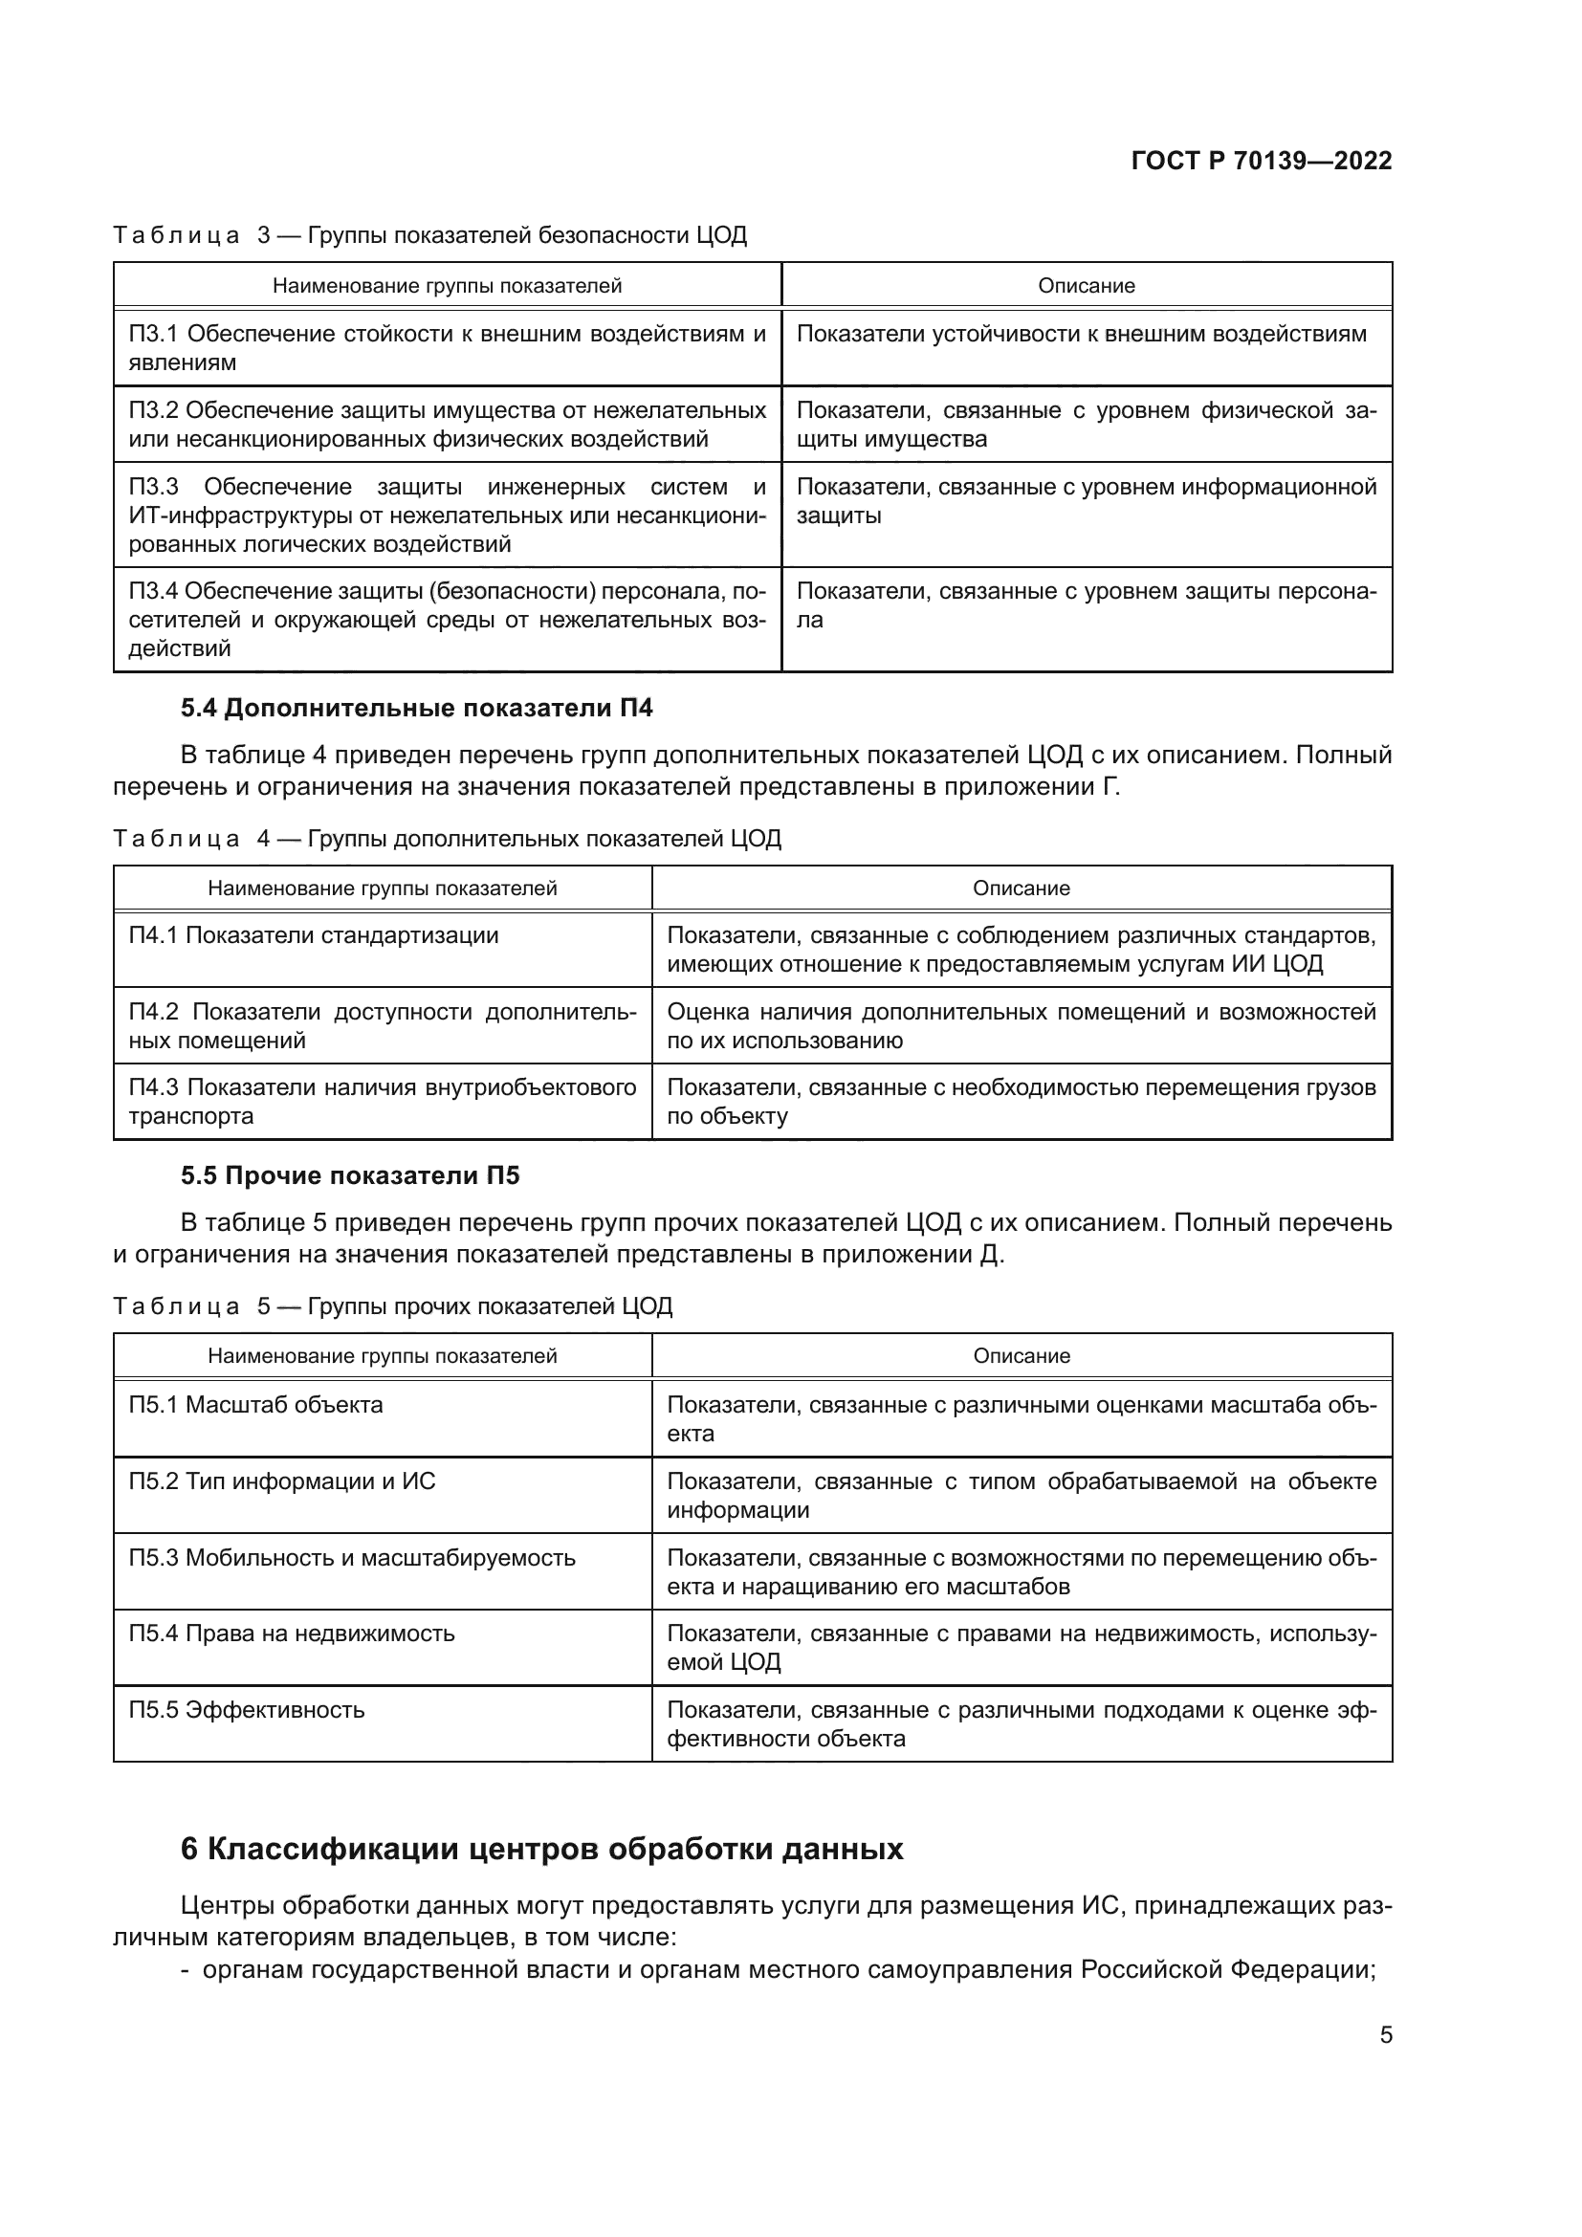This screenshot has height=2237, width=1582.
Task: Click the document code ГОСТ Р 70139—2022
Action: pos(1261,161)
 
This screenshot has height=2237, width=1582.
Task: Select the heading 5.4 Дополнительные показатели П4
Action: pos(416,709)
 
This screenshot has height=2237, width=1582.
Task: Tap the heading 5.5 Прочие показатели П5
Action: pos(350,1176)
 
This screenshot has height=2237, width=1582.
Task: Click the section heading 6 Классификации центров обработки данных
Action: pos(541,1849)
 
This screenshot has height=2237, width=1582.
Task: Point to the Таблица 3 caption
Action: pos(429,235)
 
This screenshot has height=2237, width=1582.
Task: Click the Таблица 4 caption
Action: pos(446,839)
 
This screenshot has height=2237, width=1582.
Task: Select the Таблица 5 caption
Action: pos(392,1306)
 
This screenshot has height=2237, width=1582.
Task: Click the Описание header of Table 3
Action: pos(1086,285)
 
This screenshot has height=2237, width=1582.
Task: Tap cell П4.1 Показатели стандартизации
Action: pos(313,935)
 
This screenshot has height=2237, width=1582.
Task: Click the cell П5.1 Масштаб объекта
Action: pos(255,1405)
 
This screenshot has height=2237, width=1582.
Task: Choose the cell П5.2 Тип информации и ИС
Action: pos(281,1480)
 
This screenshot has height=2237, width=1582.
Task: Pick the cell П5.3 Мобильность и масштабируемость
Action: pos(352,1557)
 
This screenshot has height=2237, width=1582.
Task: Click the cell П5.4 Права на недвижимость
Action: pos(292,1633)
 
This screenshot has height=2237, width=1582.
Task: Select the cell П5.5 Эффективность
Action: pos(247,1710)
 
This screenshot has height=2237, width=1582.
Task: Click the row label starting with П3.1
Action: pos(446,348)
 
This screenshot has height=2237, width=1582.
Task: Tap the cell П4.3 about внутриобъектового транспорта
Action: pos(382,1101)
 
